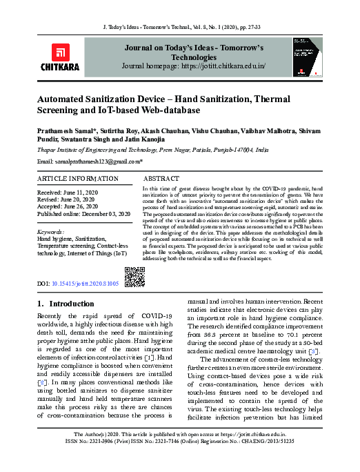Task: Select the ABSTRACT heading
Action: tap(161, 178)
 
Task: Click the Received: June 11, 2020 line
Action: tap(68, 191)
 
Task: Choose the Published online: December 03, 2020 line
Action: tap(83, 215)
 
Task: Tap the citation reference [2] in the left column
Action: tap(43, 381)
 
